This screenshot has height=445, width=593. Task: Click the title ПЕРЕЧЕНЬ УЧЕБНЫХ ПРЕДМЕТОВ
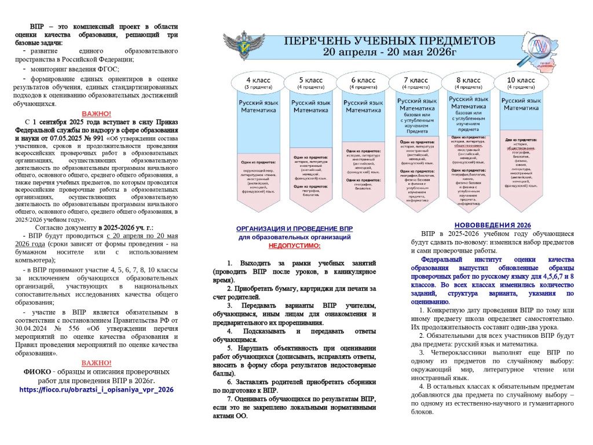tap(390, 42)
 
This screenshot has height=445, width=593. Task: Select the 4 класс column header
tap(257, 80)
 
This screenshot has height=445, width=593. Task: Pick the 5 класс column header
tap(310, 80)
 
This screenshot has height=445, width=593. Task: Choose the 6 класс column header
tap(364, 80)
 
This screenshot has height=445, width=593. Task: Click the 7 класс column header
tap(416, 80)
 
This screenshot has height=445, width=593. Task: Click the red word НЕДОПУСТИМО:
tap(294, 246)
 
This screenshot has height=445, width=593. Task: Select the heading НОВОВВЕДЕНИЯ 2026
tap(492, 225)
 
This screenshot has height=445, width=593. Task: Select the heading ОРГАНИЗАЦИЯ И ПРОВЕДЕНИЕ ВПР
tap(294, 229)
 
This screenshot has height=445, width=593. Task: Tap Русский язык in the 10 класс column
tap(521, 101)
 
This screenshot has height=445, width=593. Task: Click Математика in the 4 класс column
tap(257, 109)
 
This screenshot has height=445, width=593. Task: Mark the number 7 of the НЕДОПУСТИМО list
tap(229, 399)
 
